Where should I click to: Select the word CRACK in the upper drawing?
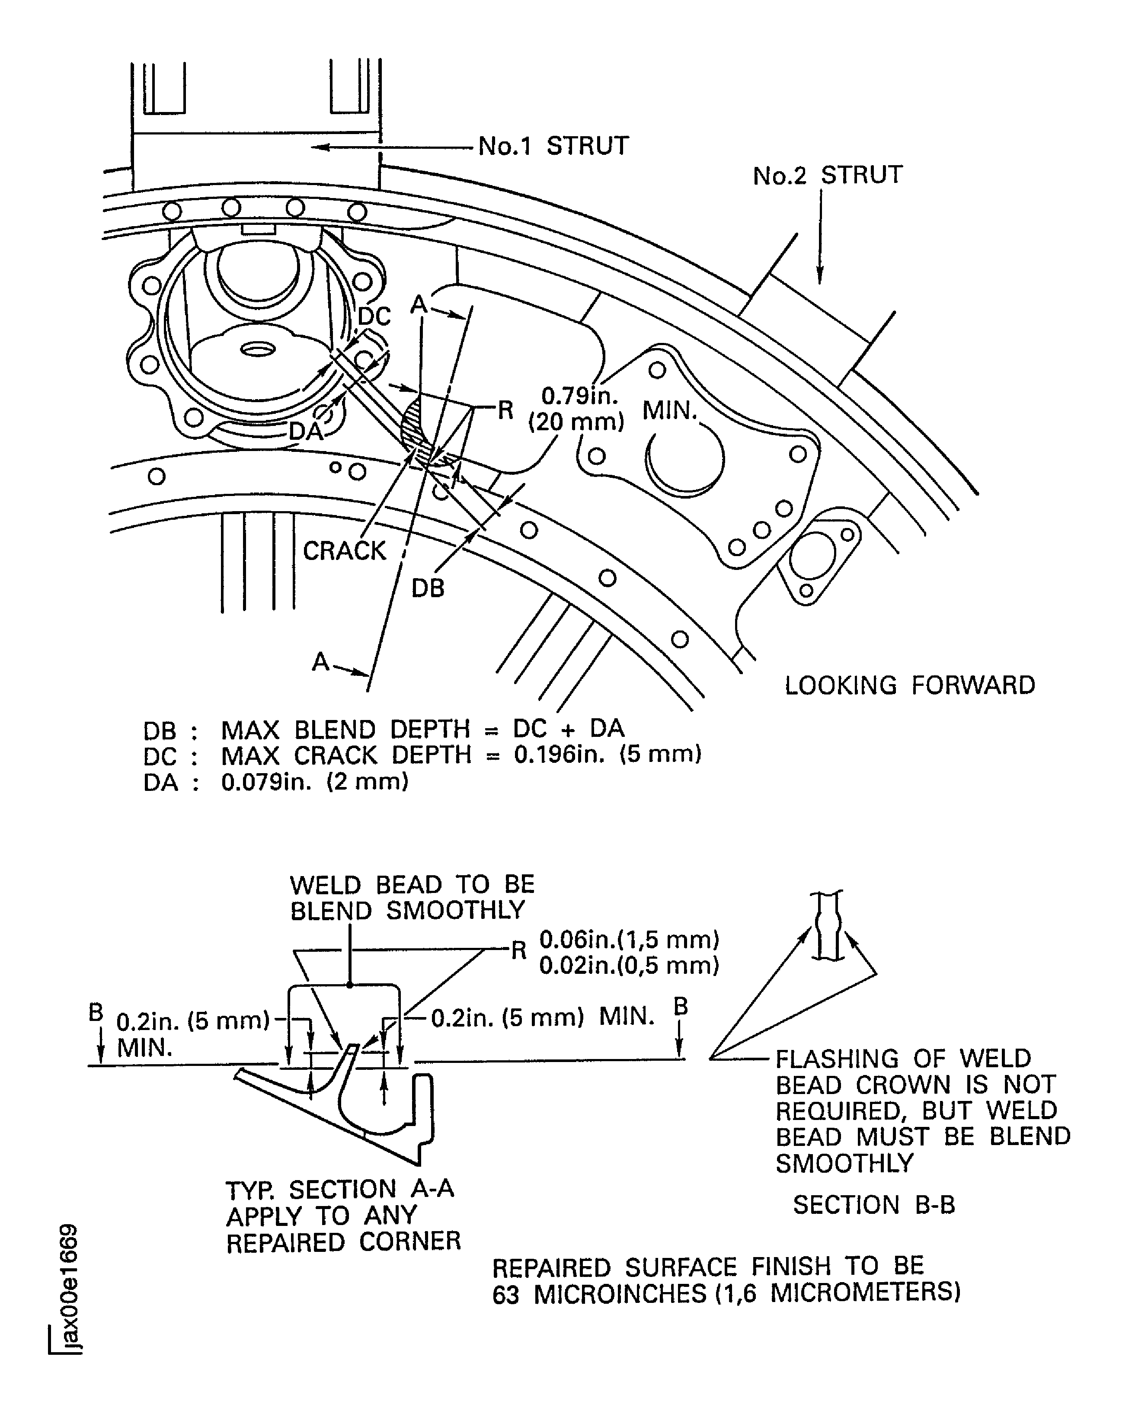(344, 551)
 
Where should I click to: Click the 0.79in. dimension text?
(579, 396)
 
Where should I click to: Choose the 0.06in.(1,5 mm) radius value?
(629, 940)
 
